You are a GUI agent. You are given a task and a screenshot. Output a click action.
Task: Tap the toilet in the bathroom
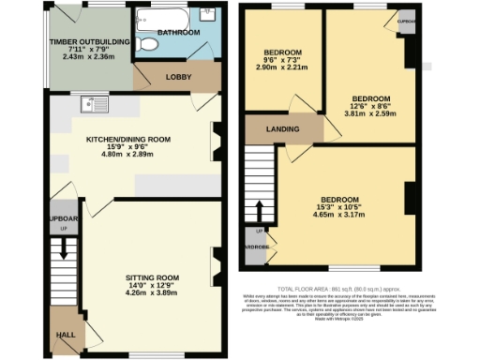pyautogui.click(x=143, y=43)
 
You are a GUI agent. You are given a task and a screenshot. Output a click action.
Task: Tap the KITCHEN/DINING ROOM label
pyautogui.click(x=127, y=139)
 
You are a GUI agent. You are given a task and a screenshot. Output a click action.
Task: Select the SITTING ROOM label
pyautogui.click(x=152, y=277)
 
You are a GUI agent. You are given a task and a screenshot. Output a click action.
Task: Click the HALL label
pyautogui.click(x=67, y=334)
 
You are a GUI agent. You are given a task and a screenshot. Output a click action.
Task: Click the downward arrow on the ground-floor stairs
pyautogui.click(x=64, y=251)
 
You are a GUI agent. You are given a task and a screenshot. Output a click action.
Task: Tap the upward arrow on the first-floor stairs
pyautogui.click(x=260, y=206)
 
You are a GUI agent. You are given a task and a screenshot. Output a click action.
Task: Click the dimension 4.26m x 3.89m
pyautogui.click(x=152, y=293)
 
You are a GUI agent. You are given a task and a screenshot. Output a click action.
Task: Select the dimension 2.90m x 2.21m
pyautogui.click(x=280, y=69)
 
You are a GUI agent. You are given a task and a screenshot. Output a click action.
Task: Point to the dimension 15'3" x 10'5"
pyautogui.click(x=338, y=208)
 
